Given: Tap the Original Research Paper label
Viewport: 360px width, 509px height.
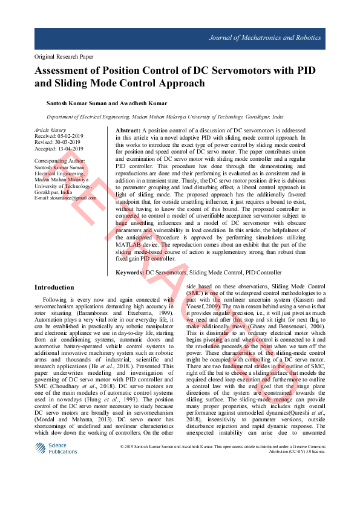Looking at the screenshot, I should click(x=65, y=57).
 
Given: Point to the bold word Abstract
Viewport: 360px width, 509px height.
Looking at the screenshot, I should click(x=128, y=131).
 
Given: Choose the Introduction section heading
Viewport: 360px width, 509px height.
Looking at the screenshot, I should click(x=54, y=287).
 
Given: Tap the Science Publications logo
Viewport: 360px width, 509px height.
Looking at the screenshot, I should click(x=51, y=449).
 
